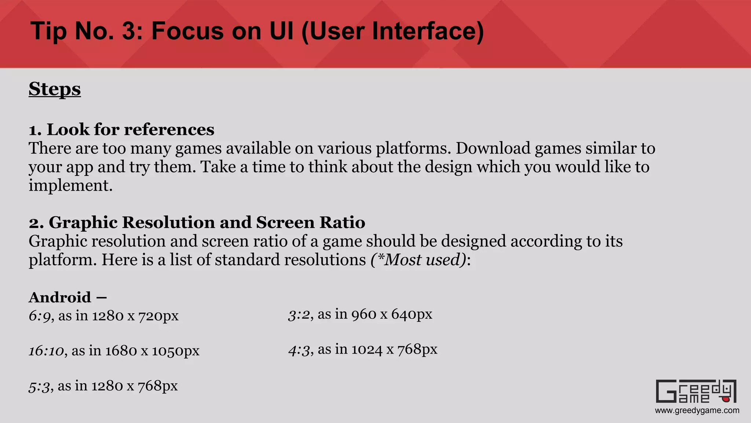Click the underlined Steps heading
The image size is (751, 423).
click(x=55, y=89)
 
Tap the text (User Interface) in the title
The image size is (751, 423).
click(x=392, y=31)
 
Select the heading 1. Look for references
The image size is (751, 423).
click(x=121, y=130)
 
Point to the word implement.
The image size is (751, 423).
click(x=70, y=185)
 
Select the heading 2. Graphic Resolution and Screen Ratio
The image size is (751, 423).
click(x=197, y=223)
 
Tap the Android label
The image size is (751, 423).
click(x=60, y=297)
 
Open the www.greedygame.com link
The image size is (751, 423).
click(x=697, y=411)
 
